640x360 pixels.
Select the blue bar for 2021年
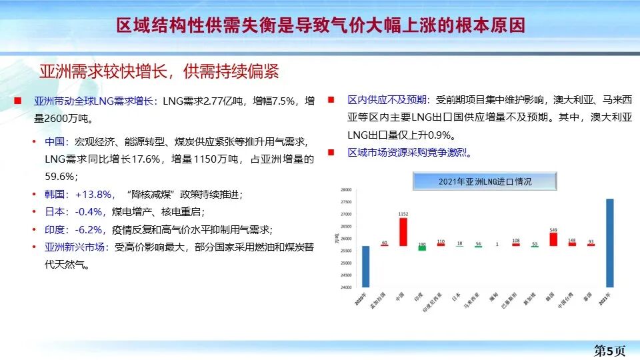pos(609,243)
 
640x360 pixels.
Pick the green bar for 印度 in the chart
pos(421,248)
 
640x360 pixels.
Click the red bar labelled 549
pos(553,239)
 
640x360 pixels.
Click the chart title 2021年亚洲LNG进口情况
pos(485,181)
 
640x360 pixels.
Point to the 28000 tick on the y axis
pos(345,189)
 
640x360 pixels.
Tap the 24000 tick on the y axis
pos(345,288)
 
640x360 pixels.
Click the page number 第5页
pos(610,351)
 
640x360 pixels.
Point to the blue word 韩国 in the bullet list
pos(56,194)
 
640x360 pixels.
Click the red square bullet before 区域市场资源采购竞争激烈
pos(331,153)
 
